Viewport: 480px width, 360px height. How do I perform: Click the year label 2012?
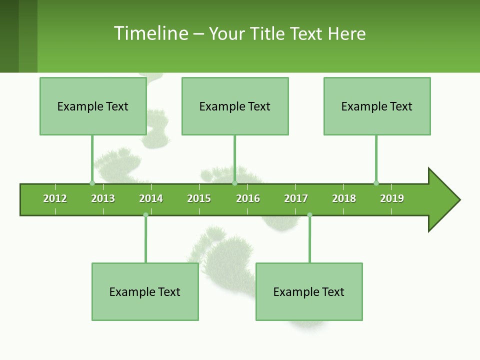(x=55, y=198)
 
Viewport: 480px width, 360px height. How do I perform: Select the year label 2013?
(x=103, y=198)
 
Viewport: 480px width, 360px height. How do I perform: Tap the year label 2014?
(x=151, y=198)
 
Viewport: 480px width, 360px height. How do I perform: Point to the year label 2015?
(x=199, y=198)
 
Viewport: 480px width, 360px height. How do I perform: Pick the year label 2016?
(x=248, y=198)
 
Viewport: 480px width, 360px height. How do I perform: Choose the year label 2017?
(x=296, y=198)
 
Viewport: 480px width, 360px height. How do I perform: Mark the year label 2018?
(x=344, y=198)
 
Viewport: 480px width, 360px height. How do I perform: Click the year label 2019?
(x=392, y=198)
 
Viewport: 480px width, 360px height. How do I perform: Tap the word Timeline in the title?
(x=150, y=33)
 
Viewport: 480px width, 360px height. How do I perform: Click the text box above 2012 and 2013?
(x=93, y=106)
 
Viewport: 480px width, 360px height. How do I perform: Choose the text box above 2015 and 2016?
(x=235, y=106)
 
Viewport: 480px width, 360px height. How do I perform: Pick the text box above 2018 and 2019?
(x=377, y=106)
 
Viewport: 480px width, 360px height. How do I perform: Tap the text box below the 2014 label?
(x=145, y=291)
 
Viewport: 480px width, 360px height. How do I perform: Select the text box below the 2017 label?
(x=309, y=291)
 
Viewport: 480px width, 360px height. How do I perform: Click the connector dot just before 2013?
(x=92, y=183)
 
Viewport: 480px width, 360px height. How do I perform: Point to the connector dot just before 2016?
(x=234, y=183)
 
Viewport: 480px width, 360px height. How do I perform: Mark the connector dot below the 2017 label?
(x=309, y=215)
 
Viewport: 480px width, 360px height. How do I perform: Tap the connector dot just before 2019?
(x=376, y=183)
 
